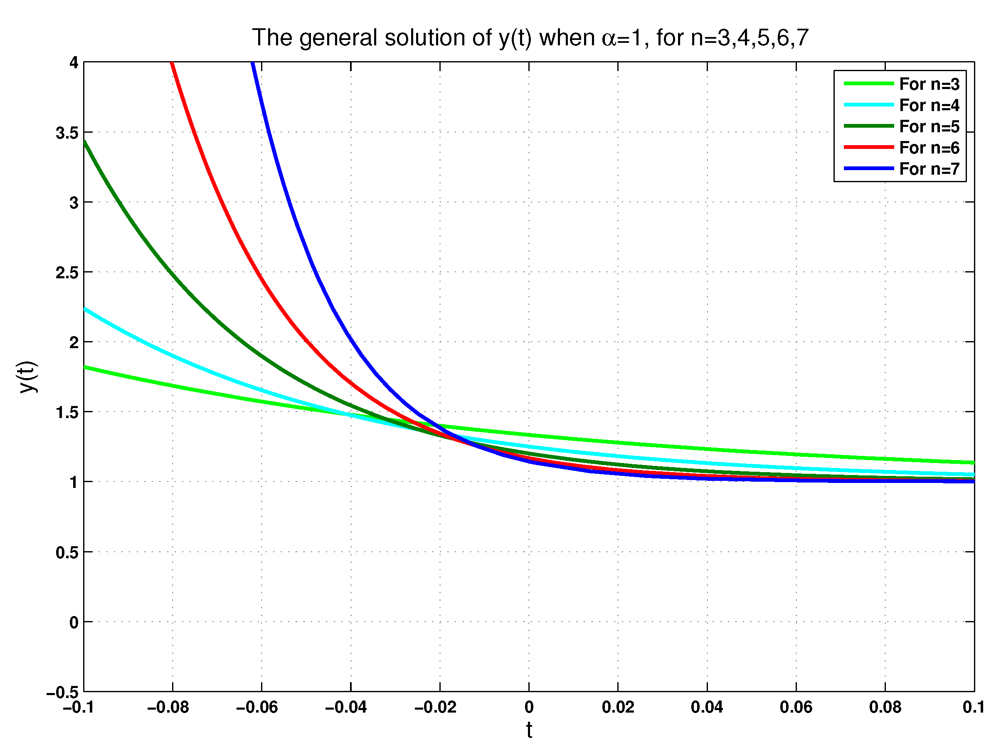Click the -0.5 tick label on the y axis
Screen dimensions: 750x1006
click(62, 693)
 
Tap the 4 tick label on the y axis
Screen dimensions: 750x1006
click(74, 63)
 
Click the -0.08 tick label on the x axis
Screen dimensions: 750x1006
click(168, 707)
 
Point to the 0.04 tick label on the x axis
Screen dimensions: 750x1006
click(707, 707)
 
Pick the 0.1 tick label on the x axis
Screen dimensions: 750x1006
click(974, 707)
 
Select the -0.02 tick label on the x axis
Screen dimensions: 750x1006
click(435, 707)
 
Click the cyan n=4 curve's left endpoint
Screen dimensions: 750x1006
click(85, 309)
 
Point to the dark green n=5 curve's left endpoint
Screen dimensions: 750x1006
click(85, 142)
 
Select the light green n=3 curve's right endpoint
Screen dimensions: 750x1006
click(973, 463)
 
